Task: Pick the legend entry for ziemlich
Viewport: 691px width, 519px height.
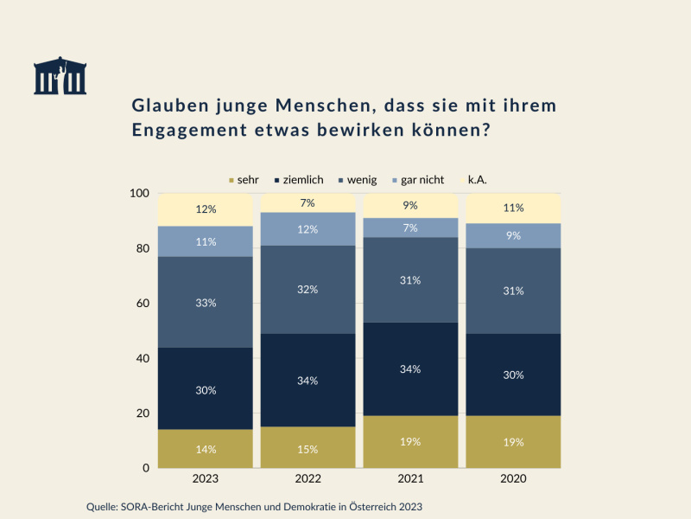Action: point(298,180)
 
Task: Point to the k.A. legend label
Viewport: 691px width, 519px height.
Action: point(478,180)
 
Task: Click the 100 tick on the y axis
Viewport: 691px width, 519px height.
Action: point(139,193)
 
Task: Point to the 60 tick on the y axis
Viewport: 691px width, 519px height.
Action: point(142,304)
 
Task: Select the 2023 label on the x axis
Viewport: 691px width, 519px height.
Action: point(206,478)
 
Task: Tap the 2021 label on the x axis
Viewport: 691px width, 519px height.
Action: point(410,478)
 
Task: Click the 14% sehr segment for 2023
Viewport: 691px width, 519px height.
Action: point(206,449)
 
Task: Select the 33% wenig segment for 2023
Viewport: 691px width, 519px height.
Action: point(206,303)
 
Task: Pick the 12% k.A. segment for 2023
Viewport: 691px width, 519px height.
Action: point(206,209)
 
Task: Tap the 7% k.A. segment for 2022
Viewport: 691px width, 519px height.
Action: point(308,202)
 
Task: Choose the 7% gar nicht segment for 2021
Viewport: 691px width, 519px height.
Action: point(410,227)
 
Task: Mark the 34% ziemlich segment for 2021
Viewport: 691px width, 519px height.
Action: point(410,369)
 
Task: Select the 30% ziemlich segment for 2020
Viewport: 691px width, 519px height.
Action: point(513,375)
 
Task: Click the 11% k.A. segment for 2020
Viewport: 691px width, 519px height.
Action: point(513,208)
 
